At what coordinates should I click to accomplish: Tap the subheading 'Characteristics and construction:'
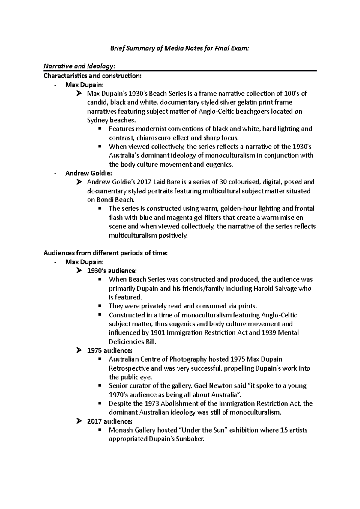92,76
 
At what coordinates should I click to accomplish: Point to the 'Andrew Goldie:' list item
85,173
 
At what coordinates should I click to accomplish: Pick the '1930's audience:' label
112,271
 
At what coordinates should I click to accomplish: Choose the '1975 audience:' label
109,350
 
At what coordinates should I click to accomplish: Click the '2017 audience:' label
109,421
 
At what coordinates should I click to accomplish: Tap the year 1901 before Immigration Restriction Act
157,333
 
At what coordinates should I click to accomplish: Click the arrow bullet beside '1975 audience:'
79,350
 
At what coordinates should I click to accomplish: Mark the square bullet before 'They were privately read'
100,306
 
